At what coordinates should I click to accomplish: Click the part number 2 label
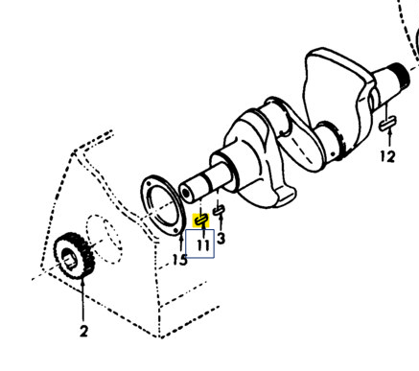pyautogui.click(x=83, y=332)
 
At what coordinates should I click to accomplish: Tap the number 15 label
pyautogui.click(x=179, y=260)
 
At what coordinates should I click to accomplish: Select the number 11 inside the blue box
pyautogui.click(x=202, y=245)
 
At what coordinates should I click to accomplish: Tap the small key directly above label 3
pyautogui.click(x=220, y=209)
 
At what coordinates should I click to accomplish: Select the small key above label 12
pyautogui.click(x=386, y=124)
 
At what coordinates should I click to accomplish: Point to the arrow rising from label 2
pyautogui.click(x=81, y=302)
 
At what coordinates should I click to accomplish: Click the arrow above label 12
pyautogui.click(x=386, y=139)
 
